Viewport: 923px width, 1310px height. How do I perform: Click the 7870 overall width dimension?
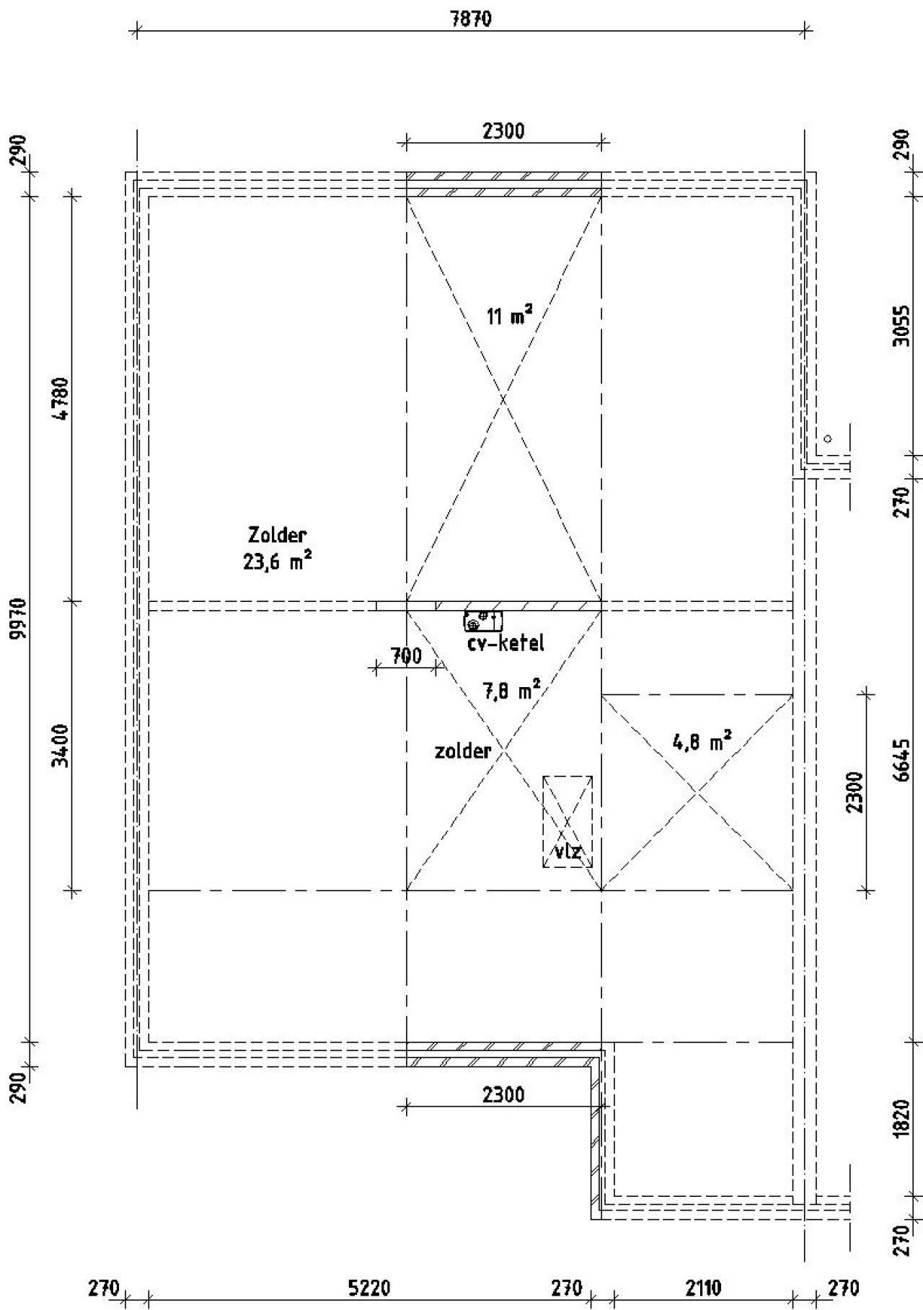point(471,19)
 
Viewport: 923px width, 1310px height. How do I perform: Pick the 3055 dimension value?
point(901,326)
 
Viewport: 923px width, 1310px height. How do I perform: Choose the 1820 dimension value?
point(901,1119)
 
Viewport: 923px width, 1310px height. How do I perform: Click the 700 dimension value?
point(406,656)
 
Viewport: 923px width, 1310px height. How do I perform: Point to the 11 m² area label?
point(510,315)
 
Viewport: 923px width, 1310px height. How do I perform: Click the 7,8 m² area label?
point(511,691)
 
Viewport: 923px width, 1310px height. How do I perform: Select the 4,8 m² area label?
point(702,741)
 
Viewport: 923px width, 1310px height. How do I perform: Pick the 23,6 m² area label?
point(278,562)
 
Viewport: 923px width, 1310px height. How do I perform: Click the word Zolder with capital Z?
point(278,536)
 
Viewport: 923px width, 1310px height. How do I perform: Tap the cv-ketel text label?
point(505,643)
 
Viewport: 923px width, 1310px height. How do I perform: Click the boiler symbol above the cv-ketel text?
point(483,620)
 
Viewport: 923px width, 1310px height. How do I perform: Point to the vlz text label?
point(568,851)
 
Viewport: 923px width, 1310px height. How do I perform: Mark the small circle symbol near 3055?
point(827,438)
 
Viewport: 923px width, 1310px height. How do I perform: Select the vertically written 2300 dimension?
point(855,792)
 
